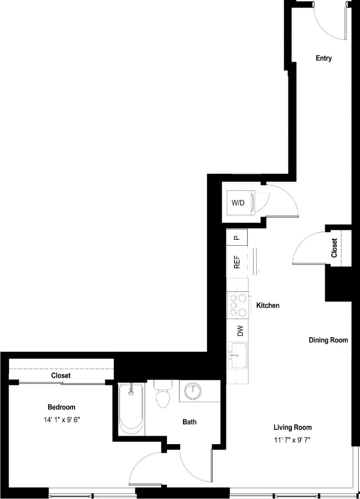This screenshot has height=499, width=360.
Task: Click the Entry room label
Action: pyautogui.click(x=324, y=58)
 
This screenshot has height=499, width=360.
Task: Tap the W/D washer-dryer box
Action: pyautogui.click(x=238, y=203)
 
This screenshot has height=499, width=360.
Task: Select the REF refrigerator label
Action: pyautogui.click(x=237, y=262)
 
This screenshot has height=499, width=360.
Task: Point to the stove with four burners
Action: pyautogui.click(x=238, y=305)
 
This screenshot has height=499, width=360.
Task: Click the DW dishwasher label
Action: pyautogui.click(x=240, y=331)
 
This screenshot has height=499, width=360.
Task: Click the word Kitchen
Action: pyautogui.click(x=268, y=305)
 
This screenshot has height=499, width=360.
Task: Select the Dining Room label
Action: pyautogui.click(x=328, y=340)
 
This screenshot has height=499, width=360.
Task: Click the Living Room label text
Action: pyautogui.click(x=292, y=427)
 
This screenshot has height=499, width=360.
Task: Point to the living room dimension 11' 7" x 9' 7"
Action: pyautogui.click(x=292, y=439)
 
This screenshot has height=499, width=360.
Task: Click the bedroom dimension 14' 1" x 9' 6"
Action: pyautogui.click(x=62, y=420)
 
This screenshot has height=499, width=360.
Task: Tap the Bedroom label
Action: pyautogui.click(x=62, y=407)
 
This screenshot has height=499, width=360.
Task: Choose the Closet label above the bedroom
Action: pyautogui.click(x=61, y=376)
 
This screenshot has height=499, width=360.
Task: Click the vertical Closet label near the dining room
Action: pyautogui.click(x=335, y=248)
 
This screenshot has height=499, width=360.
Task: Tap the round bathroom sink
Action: pyautogui.click(x=194, y=390)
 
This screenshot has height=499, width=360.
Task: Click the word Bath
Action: pyautogui.click(x=190, y=422)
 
